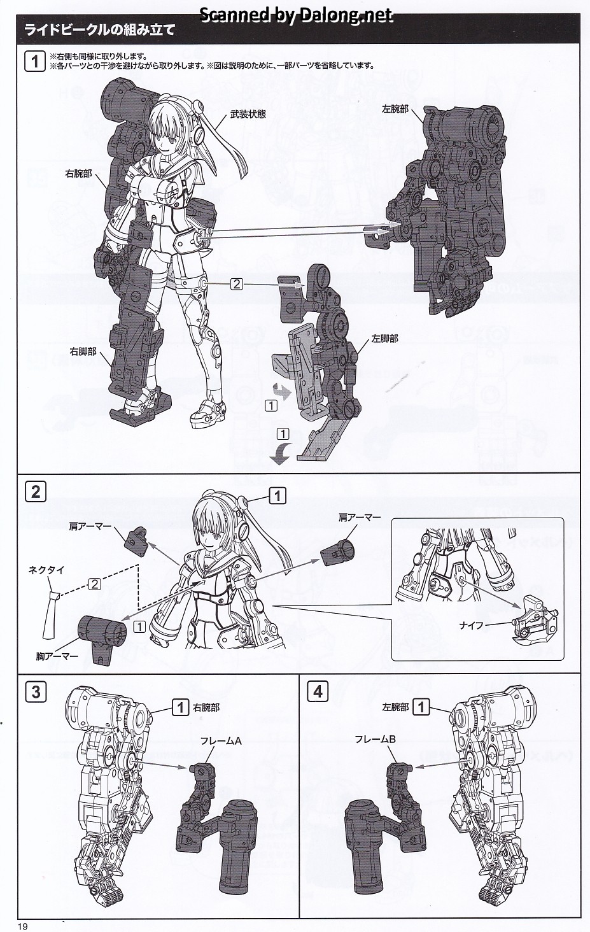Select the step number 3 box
[35, 691]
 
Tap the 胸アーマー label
[54, 654]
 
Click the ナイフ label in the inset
[472, 626]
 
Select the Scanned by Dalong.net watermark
[297, 15]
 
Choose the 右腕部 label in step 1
[80, 172]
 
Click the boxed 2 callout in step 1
[237, 284]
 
